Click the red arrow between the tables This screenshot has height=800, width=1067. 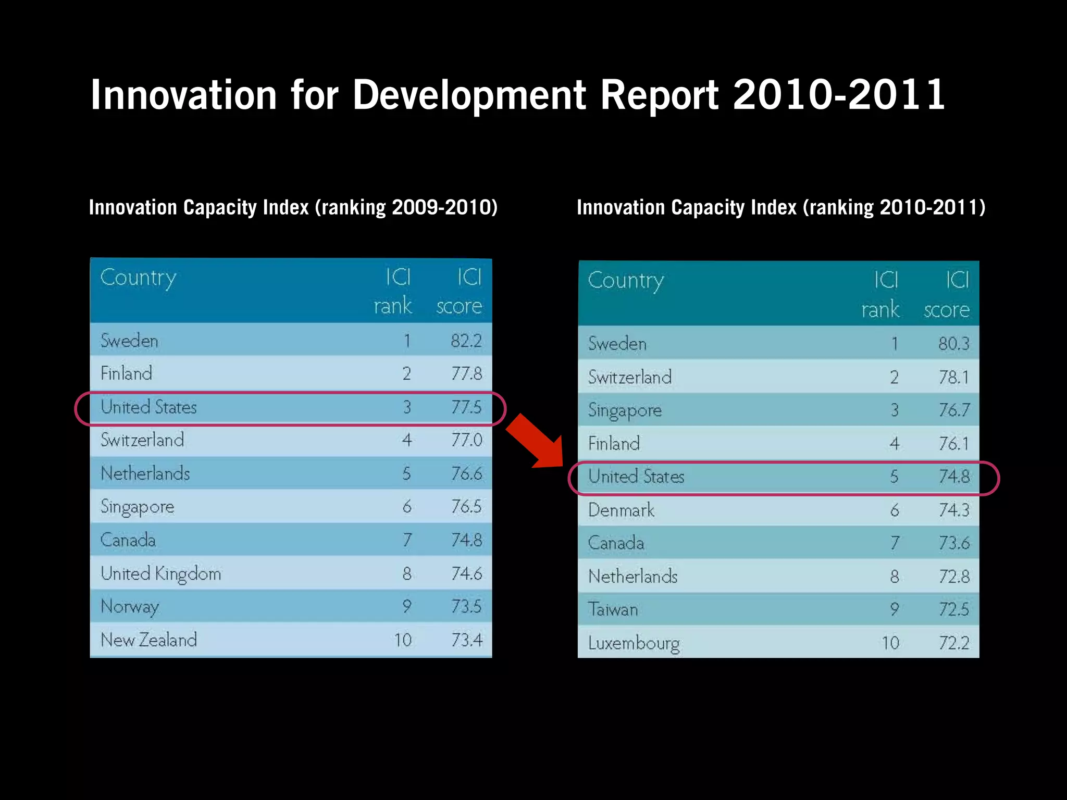tap(537, 441)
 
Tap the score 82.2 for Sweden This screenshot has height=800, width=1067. tap(466, 341)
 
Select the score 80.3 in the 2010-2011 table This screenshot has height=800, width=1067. tap(953, 344)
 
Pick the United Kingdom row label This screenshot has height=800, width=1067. tap(161, 573)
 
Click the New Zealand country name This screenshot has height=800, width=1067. tap(149, 640)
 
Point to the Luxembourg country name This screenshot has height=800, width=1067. tap(634, 643)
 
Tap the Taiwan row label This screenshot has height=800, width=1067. tap(613, 609)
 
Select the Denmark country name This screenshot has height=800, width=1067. tap(622, 510)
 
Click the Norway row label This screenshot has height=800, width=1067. tap(130, 607)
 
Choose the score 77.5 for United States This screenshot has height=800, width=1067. tap(466, 407)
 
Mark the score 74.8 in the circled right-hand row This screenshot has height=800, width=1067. tap(953, 477)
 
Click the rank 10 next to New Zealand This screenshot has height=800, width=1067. tap(403, 640)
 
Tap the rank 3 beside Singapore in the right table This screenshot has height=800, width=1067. tap(894, 410)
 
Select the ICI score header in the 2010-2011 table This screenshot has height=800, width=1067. tap(947, 295)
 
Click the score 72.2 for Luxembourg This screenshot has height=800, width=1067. tap(953, 643)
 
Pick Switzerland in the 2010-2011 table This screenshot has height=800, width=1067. tap(630, 377)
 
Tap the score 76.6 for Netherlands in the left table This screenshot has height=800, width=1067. tap(466, 473)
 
